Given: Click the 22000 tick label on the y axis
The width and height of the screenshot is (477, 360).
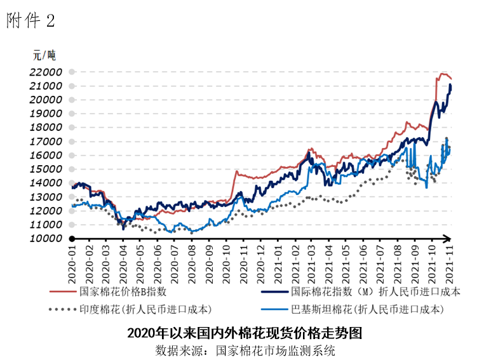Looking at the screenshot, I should (45, 72).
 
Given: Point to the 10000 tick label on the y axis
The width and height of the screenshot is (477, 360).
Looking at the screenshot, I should (45, 239).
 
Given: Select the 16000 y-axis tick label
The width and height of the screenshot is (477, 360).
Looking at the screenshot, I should (45, 156).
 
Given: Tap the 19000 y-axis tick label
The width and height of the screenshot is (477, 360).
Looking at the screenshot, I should (45, 114).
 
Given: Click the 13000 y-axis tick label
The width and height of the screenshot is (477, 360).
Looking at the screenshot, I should (45, 197).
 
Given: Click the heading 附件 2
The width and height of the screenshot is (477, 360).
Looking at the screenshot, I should (30, 21).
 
